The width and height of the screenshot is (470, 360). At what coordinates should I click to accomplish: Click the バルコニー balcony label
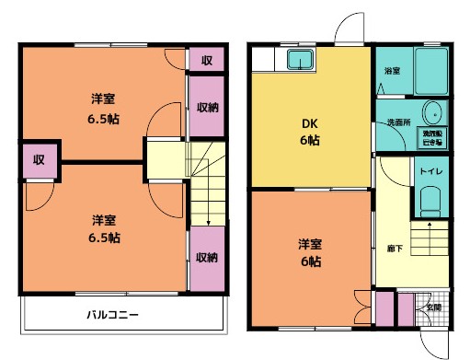tap(114, 315)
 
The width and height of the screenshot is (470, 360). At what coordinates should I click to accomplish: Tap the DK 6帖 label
tap(309, 132)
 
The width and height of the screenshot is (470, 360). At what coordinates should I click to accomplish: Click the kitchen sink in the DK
tap(301, 61)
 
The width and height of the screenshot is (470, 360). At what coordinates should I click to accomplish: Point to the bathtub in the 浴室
tap(430, 68)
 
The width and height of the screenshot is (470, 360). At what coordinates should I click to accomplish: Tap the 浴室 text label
tap(391, 69)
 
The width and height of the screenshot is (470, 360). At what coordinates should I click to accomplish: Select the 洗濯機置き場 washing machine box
tap(430, 137)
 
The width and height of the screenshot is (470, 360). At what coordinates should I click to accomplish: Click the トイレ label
tap(429, 171)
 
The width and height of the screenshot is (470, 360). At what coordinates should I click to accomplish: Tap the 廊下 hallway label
tap(394, 249)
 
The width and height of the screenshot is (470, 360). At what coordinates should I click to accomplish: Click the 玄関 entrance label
tap(431, 308)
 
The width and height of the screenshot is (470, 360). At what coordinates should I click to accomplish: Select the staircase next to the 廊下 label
tap(428, 242)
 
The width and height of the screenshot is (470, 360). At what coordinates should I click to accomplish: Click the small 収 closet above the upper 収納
tap(207, 60)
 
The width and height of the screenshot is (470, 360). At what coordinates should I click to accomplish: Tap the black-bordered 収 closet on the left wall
tap(40, 157)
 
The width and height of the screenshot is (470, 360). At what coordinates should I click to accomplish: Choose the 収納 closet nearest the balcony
tap(207, 257)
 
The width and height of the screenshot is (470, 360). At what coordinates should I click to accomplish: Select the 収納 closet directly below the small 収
tap(207, 107)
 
